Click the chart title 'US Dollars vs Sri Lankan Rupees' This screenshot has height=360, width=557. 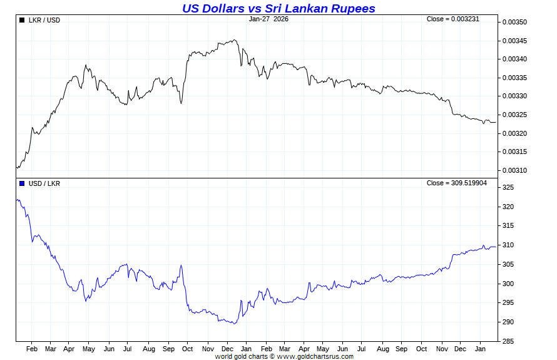coord(278,8)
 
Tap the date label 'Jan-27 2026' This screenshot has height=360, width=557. coord(268,19)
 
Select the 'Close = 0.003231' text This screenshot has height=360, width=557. coord(452,19)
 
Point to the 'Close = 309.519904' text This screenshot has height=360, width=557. coord(456,183)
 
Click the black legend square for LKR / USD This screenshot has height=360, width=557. coord(22,20)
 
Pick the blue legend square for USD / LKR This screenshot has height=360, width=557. coord(22,183)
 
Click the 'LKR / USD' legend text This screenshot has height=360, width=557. coord(44,20)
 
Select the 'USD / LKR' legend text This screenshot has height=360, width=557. coord(44,183)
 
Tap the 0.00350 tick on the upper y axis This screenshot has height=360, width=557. coord(515,23)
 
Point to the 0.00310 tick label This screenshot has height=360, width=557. coord(515,170)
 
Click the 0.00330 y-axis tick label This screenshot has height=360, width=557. coord(515,96)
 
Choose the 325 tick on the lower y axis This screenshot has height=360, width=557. coord(508,188)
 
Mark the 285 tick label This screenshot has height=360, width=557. coord(508,341)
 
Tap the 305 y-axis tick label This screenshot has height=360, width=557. coord(508,264)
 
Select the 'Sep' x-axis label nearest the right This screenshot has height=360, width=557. coord(401,349)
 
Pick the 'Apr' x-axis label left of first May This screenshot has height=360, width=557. coord(69,349)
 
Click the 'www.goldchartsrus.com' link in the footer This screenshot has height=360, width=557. coord(315,356)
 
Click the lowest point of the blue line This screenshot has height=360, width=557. coord(233,324)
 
